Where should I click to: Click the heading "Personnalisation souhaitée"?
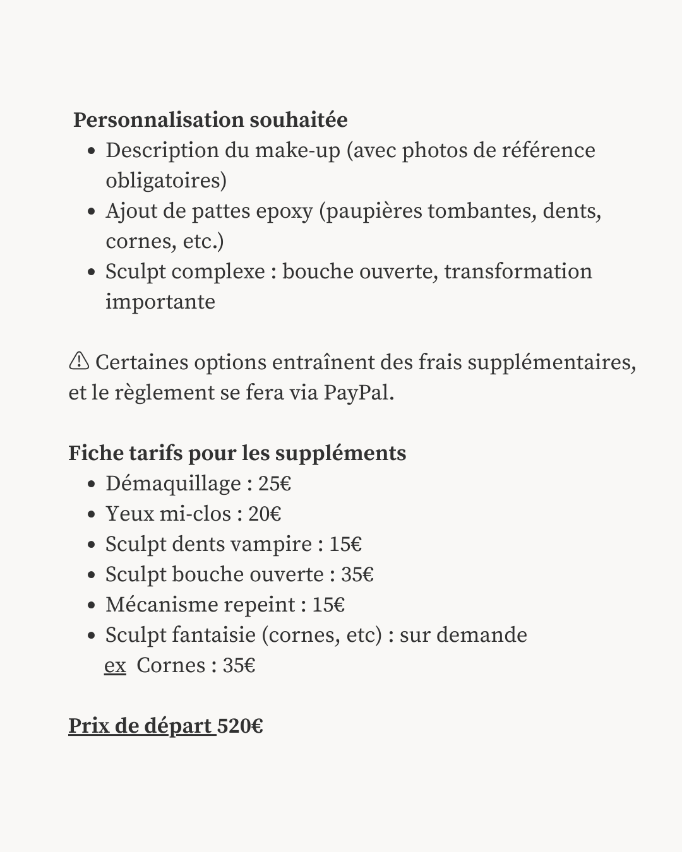coord(210,120)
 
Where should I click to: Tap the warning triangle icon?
coord(79,361)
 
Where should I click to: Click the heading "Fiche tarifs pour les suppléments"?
coord(237,453)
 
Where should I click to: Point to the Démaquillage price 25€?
coord(275,484)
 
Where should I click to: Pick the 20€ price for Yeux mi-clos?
coord(265,514)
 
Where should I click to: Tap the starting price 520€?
coord(240,726)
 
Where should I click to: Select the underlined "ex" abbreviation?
coord(115,666)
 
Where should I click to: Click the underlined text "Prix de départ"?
coord(141,726)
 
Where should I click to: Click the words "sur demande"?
coord(463,635)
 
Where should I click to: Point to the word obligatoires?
coord(165,181)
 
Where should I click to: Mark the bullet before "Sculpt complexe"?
coord(92,272)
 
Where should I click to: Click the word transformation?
coord(518,271)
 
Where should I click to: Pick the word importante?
coord(160,302)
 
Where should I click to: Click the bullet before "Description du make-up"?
coord(92,151)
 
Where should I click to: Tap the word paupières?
coord(373,211)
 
